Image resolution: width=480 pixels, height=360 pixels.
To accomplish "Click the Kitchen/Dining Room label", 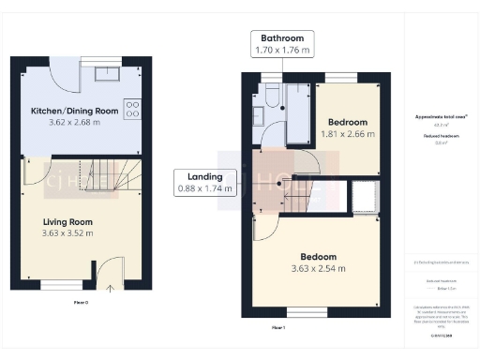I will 74,111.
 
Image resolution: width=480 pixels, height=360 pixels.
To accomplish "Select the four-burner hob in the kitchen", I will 132,108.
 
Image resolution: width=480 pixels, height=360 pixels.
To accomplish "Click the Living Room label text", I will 67,221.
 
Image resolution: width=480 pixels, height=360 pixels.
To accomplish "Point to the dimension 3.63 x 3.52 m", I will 67,233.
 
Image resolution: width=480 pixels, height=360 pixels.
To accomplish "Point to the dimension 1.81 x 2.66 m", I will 347,134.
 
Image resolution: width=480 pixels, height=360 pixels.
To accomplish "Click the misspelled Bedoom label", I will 318,257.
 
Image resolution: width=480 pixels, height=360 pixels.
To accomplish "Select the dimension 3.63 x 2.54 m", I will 318,269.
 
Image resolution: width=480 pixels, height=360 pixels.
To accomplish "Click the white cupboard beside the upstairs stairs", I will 363,198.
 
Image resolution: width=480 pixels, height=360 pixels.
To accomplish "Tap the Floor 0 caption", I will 81,304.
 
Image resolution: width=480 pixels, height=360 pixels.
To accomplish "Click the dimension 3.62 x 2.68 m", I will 74,122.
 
